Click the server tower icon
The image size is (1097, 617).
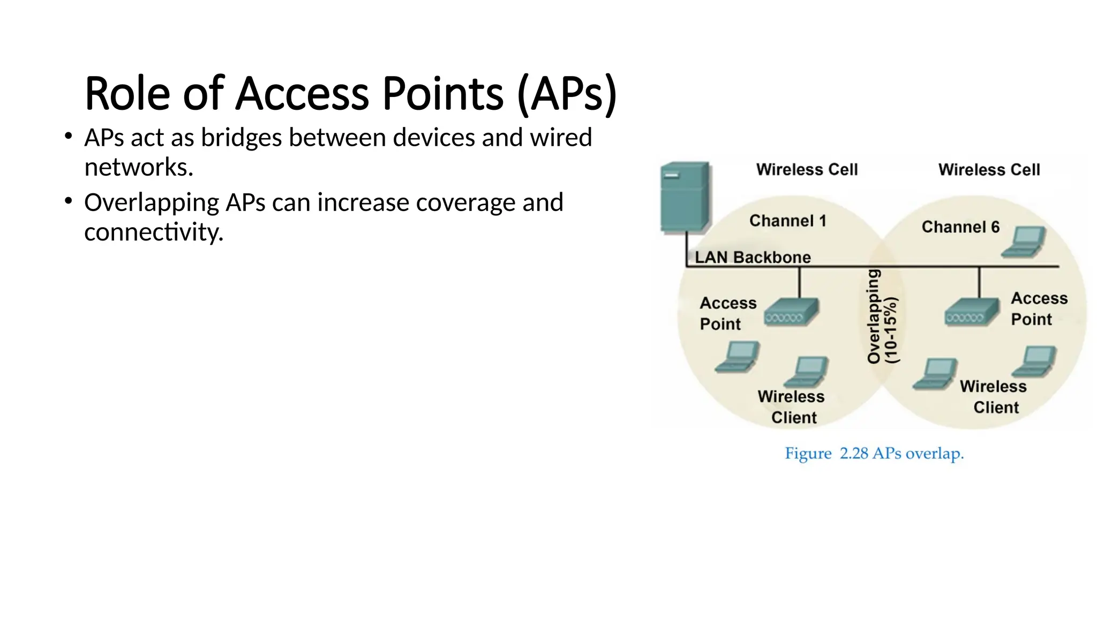(x=685, y=197)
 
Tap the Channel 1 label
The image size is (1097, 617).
(x=787, y=221)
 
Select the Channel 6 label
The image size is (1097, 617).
(x=960, y=227)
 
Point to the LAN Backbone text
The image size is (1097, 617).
(x=752, y=258)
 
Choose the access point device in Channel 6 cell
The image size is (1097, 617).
(x=972, y=312)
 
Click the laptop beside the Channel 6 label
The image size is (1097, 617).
(x=1024, y=242)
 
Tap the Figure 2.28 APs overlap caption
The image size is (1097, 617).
(x=874, y=454)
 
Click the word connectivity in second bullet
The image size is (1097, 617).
(x=153, y=232)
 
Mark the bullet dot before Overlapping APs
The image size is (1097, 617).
(x=68, y=201)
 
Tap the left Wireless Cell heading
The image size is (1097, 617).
(x=807, y=170)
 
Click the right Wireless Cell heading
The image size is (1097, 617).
(x=989, y=170)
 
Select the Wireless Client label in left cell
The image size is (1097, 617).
(x=792, y=407)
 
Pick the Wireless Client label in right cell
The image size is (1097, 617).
(x=994, y=397)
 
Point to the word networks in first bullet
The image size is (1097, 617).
(x=138, y=167)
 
